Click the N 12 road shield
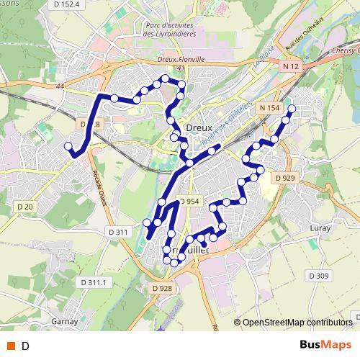289,66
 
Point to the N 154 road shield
267,108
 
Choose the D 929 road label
286,177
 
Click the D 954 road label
186,201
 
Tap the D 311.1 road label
93,282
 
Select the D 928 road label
161,289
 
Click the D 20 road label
24,207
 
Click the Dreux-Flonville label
181,60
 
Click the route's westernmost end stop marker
68,146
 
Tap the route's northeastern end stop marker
292,109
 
